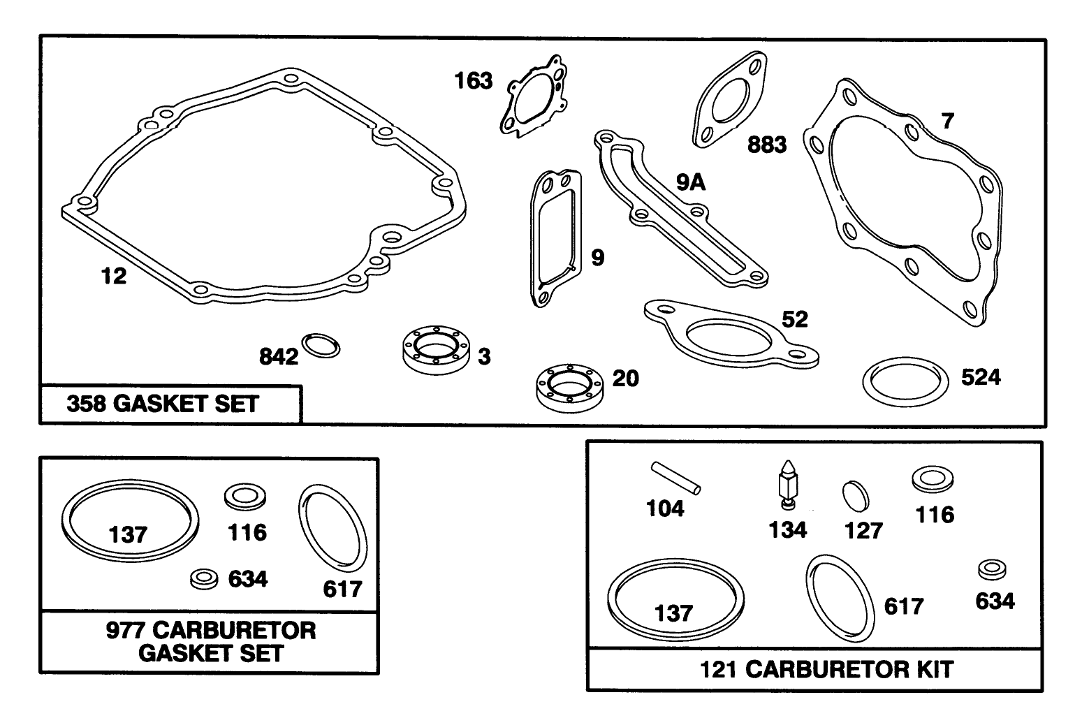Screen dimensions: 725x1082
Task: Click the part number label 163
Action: [x=474, y=81]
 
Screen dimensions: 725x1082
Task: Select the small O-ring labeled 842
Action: [x=321, y=345]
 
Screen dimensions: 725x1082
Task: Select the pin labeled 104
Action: [x=676, y=477]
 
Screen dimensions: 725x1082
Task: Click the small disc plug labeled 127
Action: [x=856, y=497]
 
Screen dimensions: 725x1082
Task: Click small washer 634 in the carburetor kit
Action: [x=991, y=569]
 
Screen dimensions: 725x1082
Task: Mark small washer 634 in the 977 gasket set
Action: [x=204, y=578]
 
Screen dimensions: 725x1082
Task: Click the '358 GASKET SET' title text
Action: [x=163, y=404]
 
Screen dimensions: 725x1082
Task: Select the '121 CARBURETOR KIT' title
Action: [x=826, y=670]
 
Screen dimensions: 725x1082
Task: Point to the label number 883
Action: [x=767, y=145]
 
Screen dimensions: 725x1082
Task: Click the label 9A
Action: [x=690, y=183]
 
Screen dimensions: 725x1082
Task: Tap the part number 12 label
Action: [x=114, y=277]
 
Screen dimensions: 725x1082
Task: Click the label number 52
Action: [x=795, y=320]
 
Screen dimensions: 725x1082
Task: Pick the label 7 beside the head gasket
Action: [x=947, y=122]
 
